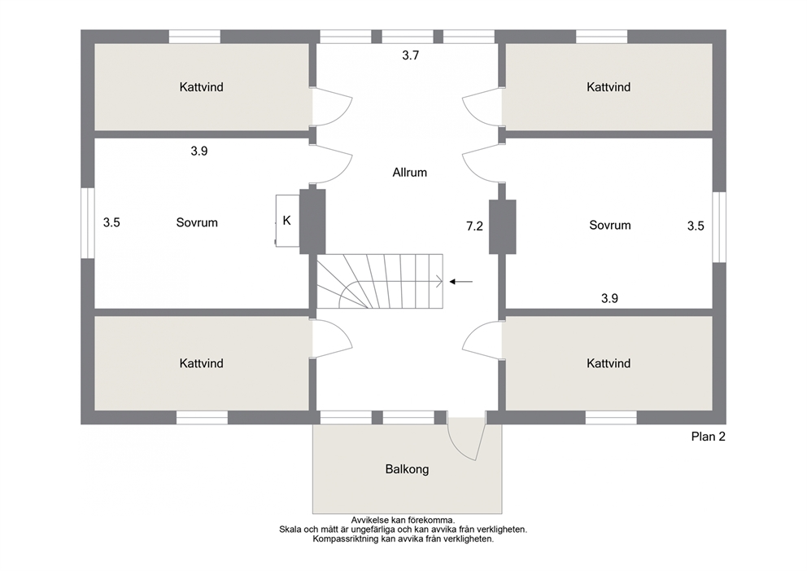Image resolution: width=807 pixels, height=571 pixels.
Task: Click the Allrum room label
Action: coord(410,173)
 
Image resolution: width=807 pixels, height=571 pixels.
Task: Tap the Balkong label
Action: coord(407,469)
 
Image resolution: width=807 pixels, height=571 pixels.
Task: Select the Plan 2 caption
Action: coord(709,437)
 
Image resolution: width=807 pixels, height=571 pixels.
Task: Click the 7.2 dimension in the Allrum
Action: coord(474,226)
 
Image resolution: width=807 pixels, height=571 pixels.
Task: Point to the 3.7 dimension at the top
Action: coord(410,55)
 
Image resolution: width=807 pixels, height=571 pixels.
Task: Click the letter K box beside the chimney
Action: coord(287,221)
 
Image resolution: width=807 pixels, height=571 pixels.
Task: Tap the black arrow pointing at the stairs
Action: coord(461,282)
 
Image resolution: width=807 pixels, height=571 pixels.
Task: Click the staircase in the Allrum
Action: coord(380,281)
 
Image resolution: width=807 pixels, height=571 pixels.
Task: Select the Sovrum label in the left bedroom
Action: coord(197,222)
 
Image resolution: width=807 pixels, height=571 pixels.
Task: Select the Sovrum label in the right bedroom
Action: coord(610,225)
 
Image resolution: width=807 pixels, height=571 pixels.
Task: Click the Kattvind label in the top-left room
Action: coord(201,87)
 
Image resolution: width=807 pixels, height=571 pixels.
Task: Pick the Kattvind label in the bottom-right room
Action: coord(609,363)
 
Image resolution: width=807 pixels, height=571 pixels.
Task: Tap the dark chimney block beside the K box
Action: coord(312,222)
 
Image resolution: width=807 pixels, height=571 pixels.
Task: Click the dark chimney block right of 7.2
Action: coord(502,226)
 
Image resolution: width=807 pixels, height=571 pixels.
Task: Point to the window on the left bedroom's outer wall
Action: coord(88,223)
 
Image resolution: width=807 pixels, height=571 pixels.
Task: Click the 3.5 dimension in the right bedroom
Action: coord(696,226)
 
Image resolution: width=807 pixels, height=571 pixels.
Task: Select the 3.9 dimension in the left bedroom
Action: coord(199,151)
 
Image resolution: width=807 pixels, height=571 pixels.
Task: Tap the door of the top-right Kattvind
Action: coord(482,106)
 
